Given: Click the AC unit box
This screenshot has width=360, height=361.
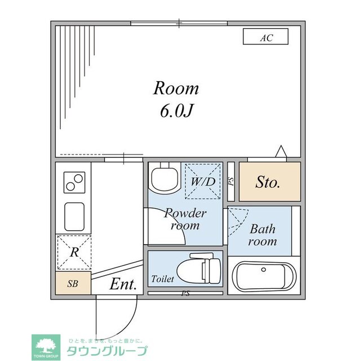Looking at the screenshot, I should pos(265,37).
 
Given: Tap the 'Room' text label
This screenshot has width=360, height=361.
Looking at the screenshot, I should pos(176,89).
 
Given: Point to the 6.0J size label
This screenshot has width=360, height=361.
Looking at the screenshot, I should pos(176,111).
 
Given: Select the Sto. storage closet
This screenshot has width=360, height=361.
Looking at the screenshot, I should pos(269,182).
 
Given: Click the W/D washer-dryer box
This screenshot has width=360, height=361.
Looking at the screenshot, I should pos(202,182).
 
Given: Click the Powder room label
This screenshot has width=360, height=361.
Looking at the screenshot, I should pos(185,219).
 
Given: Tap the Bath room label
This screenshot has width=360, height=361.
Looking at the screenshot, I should pos(263,235).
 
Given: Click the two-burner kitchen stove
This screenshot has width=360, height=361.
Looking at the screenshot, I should pos(74,183).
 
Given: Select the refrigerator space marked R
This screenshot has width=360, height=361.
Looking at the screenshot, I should pos(74,252).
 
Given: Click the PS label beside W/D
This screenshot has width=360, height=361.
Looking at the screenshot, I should pos(230,182).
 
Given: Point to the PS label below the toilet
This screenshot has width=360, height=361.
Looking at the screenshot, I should pos(185,293).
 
